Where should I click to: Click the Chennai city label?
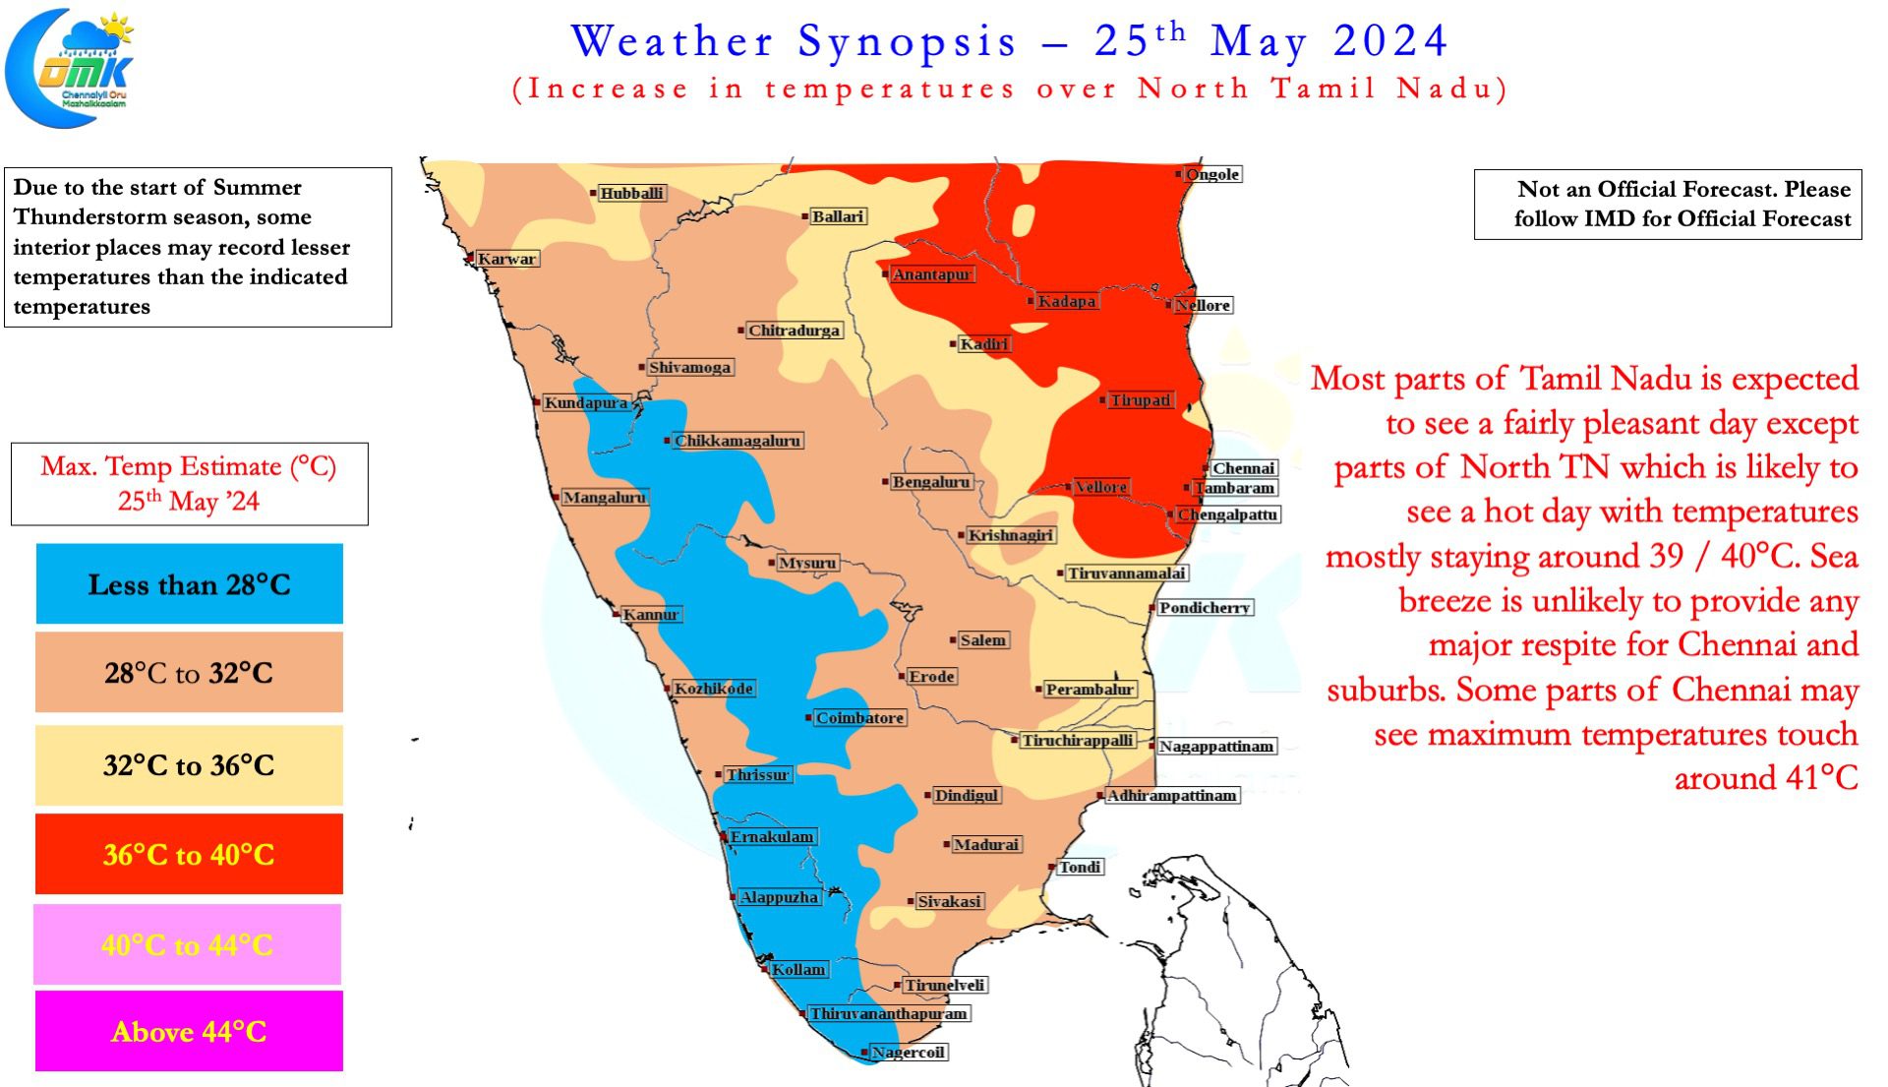pyautogui.click(x=1244, y=468)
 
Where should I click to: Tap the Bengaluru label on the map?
pyautogui.click(x=930, y=482)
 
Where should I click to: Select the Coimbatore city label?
pyautogui.click(x=859, y=718)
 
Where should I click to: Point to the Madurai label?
pyautogui.click(x=986, y=844)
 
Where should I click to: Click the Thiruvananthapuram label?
pyautogui.click(x=888, y=1013)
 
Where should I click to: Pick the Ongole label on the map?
pyautogui.click(x=1212, y=174)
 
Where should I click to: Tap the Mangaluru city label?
pyautogui.click(x=604, y=498)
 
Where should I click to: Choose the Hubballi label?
pyautogui.click(x=631, y=193)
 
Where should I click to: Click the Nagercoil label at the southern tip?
pyautogui.click(x=908, y=1053)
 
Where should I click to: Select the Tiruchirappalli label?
pyautogui.click(x=1077, y=740)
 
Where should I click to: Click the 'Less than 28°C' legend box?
pyautogui.click(x=190, y=584)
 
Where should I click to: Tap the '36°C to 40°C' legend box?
pyautogui.click(x=189, y=854)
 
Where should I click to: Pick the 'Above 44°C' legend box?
pyautogui.click(x=189, y=1031)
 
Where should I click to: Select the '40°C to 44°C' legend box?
pyautogui.click(x=188, y=944)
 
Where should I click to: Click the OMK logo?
pyautogui.click(x=69, y=68)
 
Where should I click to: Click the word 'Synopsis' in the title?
pyautogui.click(x=907, y=42)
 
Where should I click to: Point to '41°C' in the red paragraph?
pyautogui.click(x=1766, y=778)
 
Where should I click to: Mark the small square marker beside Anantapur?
pyautogui.click(x=885, y=273)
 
